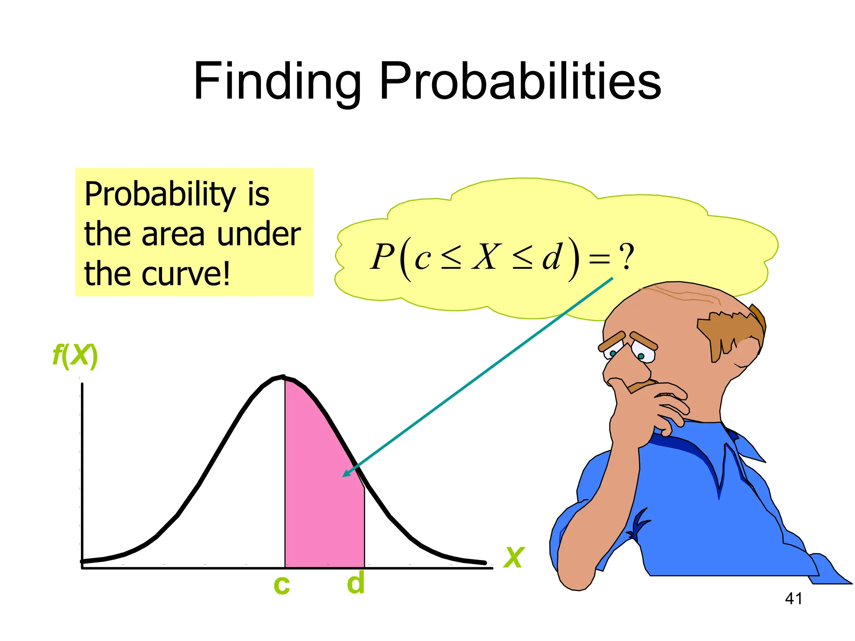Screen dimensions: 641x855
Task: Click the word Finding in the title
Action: coord(277,81)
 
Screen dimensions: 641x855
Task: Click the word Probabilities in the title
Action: coord(520,81)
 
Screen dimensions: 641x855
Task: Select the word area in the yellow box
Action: coord(173,234)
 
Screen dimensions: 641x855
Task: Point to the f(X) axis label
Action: coord(75,356)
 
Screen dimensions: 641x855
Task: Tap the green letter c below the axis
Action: coord(282,585)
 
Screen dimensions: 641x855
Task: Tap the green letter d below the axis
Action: coord(356,583)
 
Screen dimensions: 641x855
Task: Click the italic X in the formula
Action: coord(486,257)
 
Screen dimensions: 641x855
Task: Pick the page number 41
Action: coord(793,599)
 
